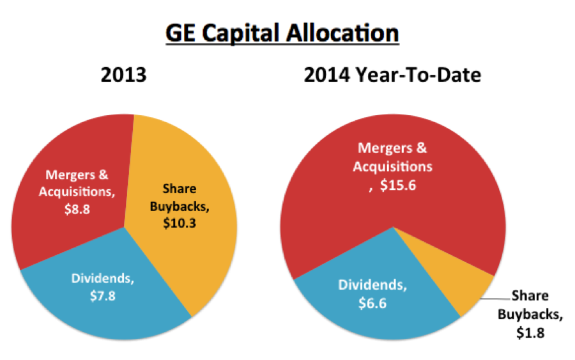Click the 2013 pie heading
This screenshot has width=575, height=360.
pos(124,75)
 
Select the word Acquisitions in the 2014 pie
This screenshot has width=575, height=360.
pos(395,167)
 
